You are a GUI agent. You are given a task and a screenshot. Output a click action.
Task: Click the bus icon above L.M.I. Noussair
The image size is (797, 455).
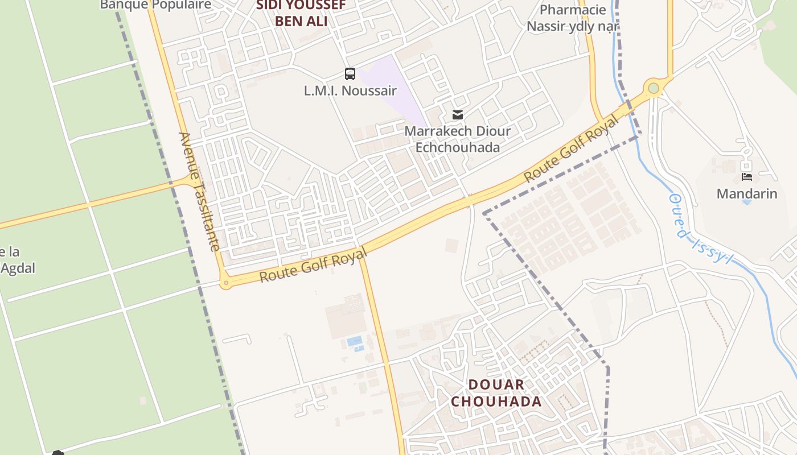(x=350, y=74)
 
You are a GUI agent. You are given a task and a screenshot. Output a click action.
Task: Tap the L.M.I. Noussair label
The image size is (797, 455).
(x=350, y=90)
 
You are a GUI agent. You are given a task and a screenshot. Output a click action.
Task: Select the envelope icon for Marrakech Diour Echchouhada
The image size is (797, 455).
(x=457, y=115)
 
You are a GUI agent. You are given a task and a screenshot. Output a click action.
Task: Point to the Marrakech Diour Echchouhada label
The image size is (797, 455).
(x=457, y=139)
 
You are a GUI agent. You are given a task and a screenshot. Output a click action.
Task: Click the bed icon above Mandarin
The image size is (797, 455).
(x=747, y=177)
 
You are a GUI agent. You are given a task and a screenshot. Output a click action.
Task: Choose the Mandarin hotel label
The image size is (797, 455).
(x=746, y=193)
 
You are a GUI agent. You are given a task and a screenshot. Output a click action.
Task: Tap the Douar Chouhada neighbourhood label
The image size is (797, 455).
(x=496, y=393)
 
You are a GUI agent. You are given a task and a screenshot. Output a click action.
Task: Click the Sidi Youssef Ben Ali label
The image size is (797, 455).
(x=301, y=13)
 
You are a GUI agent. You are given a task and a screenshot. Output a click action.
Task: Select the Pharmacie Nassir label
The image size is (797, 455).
(x=572, y=18)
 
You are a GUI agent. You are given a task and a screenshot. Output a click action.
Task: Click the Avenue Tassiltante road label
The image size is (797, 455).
(x=199, y=191)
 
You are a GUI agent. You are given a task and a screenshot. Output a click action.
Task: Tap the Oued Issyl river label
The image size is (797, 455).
(x=700, y=229)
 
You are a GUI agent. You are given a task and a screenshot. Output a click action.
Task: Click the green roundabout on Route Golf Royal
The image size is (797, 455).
(x=653, y=88)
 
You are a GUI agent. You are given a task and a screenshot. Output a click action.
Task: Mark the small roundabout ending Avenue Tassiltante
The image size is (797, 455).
(x=226, y=282)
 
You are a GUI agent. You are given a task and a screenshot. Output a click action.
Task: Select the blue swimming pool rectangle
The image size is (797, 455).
(x=355, y=341)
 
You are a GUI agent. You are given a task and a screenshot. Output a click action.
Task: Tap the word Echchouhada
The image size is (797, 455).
(x=457, y=147)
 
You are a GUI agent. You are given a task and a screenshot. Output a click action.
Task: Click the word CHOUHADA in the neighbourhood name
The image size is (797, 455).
(x=496, y=402)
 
